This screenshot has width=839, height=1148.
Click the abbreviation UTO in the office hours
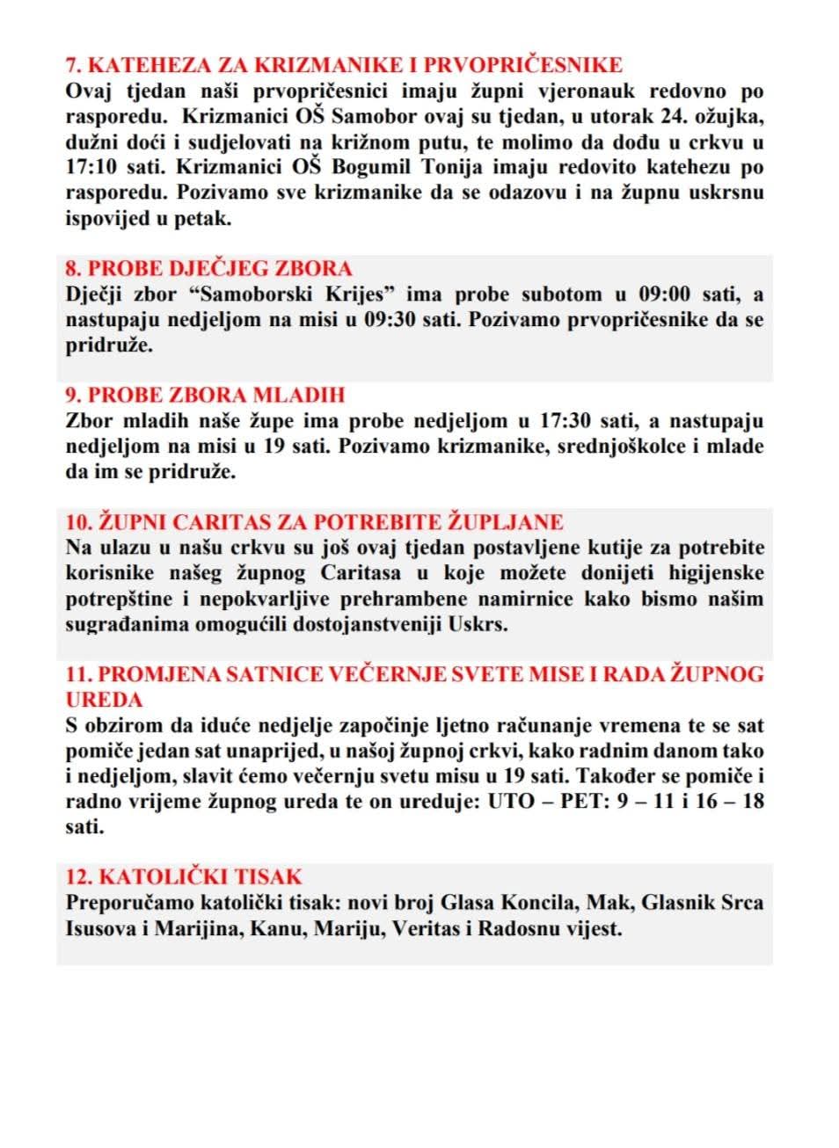coord(510,802)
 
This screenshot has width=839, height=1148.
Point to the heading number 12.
coord(79,876)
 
